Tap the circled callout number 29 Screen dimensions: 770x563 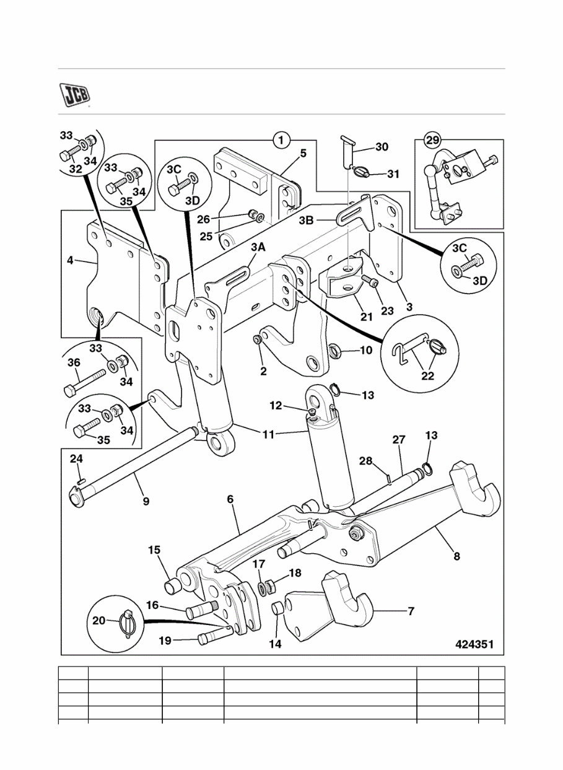coord(431,141)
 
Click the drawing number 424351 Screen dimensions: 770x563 coord(474,644)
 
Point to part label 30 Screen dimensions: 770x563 coord(382,147)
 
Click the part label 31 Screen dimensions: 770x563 coord(393,174)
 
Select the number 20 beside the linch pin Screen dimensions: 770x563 coord(99,621)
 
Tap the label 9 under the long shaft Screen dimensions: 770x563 coord(146,501)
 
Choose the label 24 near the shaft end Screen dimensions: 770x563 coord(76,459)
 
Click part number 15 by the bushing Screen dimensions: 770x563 coord(154,549)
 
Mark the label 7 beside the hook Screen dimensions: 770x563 coord(411,611)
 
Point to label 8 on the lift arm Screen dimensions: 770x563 coord(456,556)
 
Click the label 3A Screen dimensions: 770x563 coord(258,248)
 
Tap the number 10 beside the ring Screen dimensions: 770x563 coord(365,351)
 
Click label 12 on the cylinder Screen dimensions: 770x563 coord(276,406)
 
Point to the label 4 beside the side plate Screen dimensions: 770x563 coord(70,261)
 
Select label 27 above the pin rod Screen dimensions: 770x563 coord(398,440)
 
